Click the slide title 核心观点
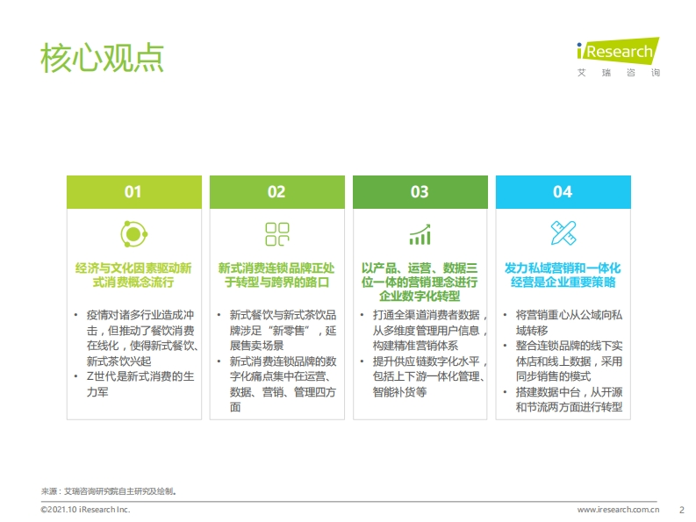pos(102,58)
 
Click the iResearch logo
pos(618,57)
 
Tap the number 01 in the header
pos(133,192)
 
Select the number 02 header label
pos(276,192)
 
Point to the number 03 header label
pos(420,192)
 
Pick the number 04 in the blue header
pos(563,192)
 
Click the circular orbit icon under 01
pos(133,234)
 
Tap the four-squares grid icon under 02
pos(277,234)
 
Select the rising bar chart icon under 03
pos(420,234)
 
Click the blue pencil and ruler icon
pos(563,233)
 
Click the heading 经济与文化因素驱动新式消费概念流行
pos(133,275)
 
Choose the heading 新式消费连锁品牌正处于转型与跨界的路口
pos(276,275)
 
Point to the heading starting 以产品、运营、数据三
pos(420,282)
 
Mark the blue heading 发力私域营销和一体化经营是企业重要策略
pos(563,275)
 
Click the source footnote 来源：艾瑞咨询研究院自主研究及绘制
pos(109,491)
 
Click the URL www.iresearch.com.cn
pos(618,510)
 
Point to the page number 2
pos(682,510)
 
